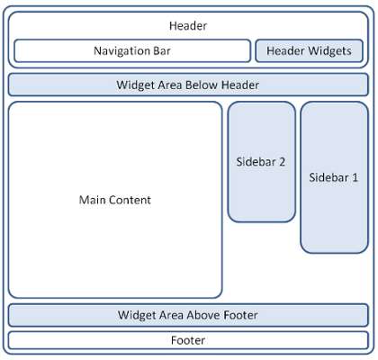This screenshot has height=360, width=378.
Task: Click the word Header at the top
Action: [x=188, y=26]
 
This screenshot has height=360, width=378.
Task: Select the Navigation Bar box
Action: [x=132, y=50]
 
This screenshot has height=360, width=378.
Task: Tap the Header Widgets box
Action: [x=310, y=50]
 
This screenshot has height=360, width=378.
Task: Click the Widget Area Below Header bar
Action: [x=188, y=85]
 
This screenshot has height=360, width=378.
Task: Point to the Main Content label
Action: [x=115, y=200]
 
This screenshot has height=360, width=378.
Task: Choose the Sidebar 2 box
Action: [x=262, y=162]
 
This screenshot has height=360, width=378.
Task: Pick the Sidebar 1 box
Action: [x=334, y=177]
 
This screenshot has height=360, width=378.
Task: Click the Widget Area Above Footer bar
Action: [x=188, y=315]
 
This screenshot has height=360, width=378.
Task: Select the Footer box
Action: [x=188, y=340]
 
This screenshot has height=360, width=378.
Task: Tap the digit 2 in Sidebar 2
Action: [x=282, y=162]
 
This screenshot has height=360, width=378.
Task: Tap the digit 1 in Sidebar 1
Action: [x=355, y=177]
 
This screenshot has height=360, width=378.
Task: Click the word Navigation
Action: [x=121, y=51]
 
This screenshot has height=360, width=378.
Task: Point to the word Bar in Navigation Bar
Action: [x=162, y=50]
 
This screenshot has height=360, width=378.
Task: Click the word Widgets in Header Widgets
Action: [x=330, y=51]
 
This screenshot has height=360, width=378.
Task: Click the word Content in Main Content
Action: [x=131, y=200]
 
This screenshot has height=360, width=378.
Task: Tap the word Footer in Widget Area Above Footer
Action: [x=241, y=315]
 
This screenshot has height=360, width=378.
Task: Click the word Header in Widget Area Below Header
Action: [x=240, y=85]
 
